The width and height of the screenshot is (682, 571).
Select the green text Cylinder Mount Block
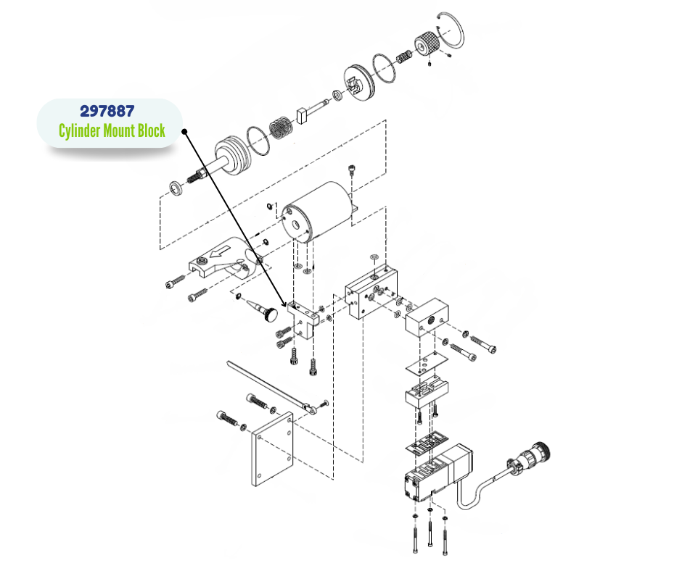click(x=112, y=131)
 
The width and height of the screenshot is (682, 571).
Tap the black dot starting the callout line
click(x=185, y=132)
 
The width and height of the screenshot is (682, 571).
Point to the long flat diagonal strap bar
click(x=268, y=384)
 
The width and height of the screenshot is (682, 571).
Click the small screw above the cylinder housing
click(x=353, y=170)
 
